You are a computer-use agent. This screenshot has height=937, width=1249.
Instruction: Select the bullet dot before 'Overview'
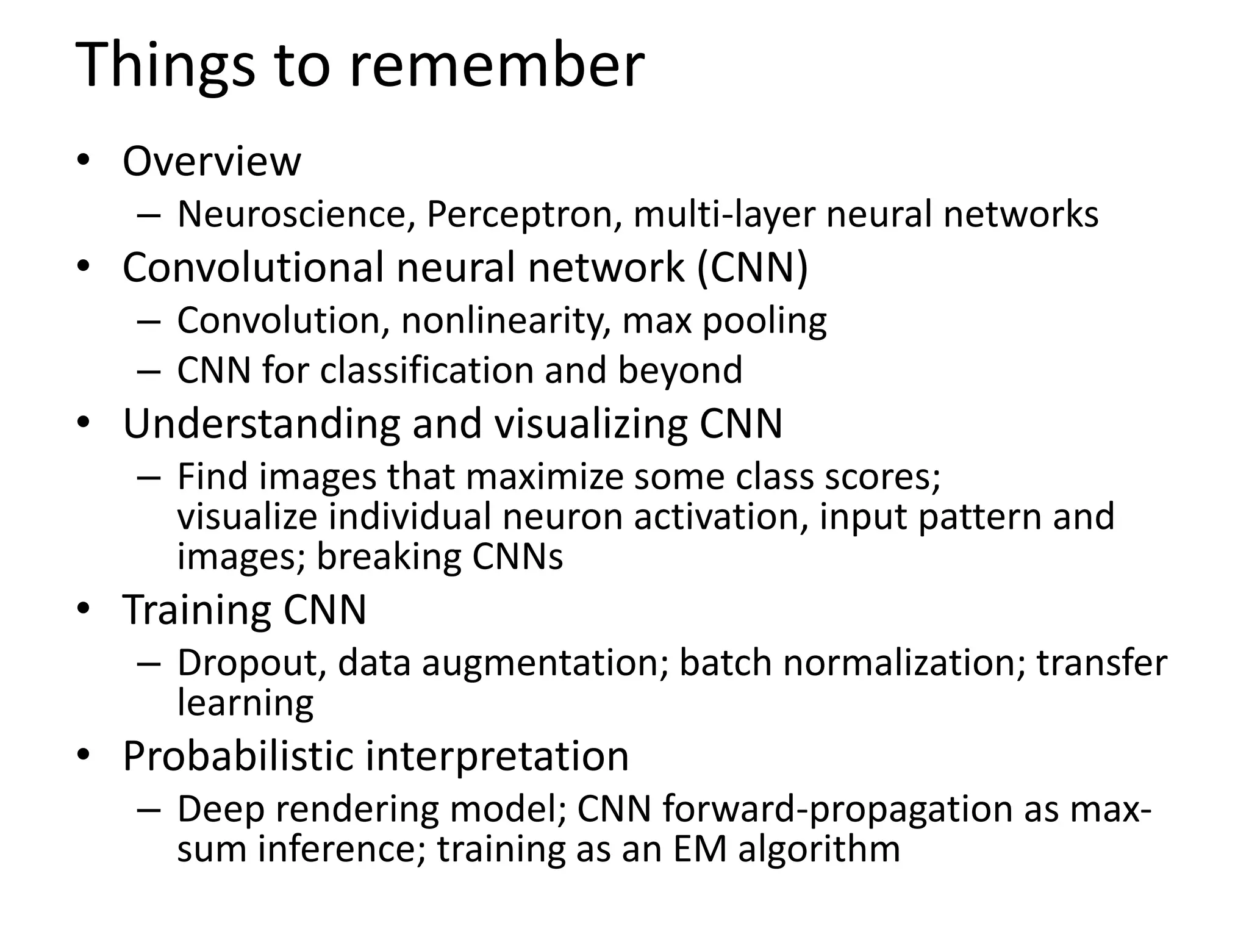pos(84,161)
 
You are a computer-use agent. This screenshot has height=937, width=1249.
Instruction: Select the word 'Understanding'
pos(261,423)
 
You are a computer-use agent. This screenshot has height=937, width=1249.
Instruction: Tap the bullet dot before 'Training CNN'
pos(84,608)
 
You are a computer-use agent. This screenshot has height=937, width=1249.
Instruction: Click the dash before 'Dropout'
pos(149,664)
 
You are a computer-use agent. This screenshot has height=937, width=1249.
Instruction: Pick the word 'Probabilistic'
pos(238,757)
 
